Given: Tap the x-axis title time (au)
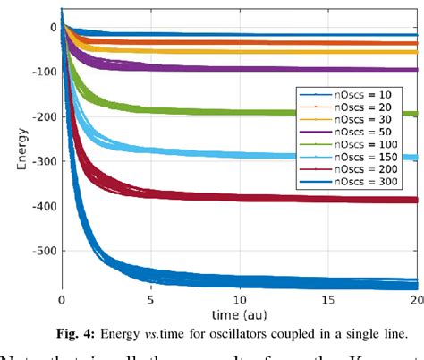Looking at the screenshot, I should (239, 314).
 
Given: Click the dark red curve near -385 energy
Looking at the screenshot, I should (268, 199).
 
